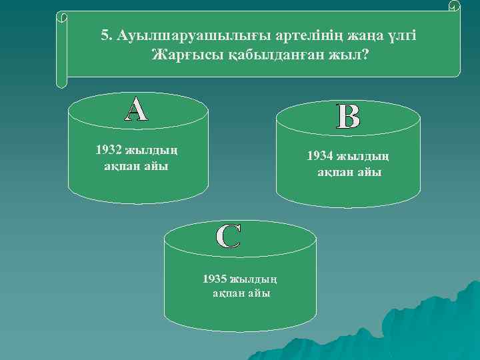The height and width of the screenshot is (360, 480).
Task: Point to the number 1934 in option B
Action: [x=321, y=156]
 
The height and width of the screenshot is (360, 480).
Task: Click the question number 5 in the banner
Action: [x=105, y=35]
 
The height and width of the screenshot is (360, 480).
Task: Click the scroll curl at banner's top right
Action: [x=454, y=7]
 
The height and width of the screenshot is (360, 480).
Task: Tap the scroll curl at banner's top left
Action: [x=62, y=16]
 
